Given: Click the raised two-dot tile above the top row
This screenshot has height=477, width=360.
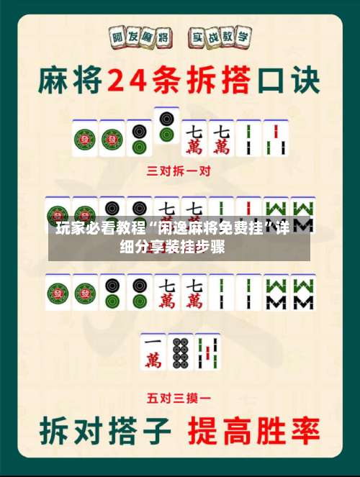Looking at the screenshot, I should (166, 124).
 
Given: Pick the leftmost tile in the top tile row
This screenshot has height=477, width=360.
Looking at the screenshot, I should (84, 139).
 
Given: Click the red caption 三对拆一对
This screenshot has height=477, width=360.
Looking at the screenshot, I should (179, 171).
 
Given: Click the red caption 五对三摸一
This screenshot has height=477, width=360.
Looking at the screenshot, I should (179, 396).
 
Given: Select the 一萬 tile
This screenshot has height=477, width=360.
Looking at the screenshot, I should (153, 353).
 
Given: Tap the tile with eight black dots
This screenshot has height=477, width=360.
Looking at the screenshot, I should (180, 353).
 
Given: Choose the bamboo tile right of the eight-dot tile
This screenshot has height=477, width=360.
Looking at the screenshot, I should (207, 353).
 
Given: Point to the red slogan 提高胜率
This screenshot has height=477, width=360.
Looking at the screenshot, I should (253, 430).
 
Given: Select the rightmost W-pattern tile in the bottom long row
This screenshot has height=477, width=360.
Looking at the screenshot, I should (303, 292).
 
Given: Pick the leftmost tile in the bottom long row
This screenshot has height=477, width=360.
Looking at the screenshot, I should (58, 292).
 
